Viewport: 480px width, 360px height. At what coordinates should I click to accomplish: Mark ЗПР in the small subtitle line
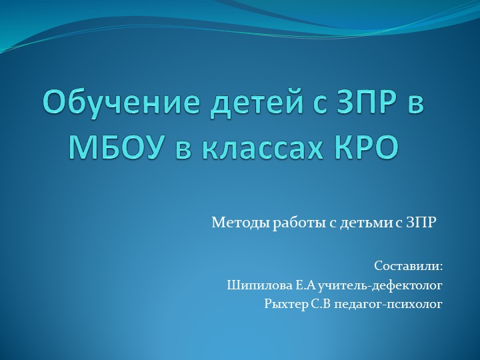[x=420, y=222]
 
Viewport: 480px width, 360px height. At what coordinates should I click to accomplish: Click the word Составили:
[x=408, y=266]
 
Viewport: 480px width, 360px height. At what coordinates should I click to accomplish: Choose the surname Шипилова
[x=254, y=285]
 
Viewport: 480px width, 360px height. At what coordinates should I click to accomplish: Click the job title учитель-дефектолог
[x=380, y=285]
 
